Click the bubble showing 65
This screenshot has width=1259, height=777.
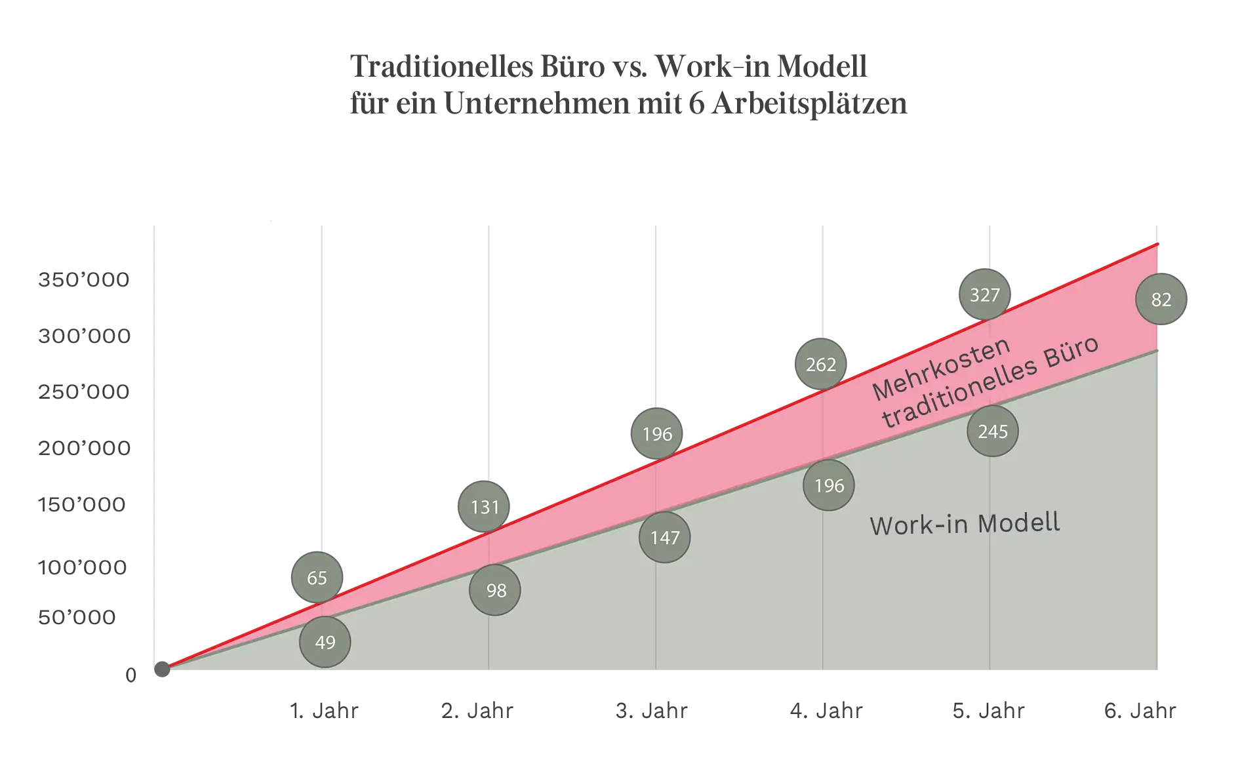click(x=317, y=578)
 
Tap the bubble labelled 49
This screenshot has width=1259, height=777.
click(x=325, y=642)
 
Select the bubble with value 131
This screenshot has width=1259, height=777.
click(x=484, y=507)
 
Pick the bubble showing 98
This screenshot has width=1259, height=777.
click(x=495, y=590)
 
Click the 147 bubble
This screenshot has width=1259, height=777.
click(x=665, y=538)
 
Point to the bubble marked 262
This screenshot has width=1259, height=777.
click(x=821, y=364)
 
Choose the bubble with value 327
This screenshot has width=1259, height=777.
click(x=985, y=294)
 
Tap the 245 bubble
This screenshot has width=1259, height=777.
click(x=993, y=431)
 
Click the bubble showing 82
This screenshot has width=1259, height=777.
click(x=1161, y=299)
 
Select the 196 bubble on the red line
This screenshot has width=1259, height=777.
click(x=657, y=433)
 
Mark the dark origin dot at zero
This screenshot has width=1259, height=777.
click(x=162, y=669)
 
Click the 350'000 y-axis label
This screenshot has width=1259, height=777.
click(x=84, y=280)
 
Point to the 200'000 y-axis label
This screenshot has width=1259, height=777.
click(x=85, y=448)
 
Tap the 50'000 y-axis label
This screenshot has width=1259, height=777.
click(x=77, y=617)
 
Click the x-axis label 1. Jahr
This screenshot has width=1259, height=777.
click(x=324, y=711)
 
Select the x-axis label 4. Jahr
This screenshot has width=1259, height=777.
click(x=826, y=711)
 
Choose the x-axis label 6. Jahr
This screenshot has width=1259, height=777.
click(x=1140, y=711)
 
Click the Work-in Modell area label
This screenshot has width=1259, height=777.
click(x=965, y=524)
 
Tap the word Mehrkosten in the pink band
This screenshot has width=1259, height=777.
click(x=941, y=369)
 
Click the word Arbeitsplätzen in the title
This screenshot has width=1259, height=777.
click(x=810, y=104)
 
